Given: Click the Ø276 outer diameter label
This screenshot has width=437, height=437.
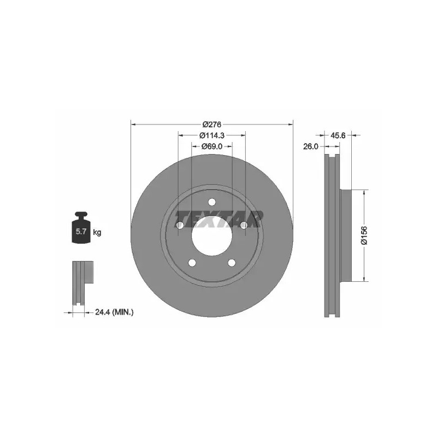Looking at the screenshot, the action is (212, 125).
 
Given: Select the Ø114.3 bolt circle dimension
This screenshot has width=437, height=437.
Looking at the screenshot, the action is (212, 135).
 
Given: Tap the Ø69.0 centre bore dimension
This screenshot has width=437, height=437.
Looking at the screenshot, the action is (212, 146).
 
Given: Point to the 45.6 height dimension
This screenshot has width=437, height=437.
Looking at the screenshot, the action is (338, 135).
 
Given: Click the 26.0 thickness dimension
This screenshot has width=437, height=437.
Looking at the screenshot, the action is (311, 146).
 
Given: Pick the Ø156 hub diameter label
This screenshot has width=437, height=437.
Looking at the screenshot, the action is (364, 235).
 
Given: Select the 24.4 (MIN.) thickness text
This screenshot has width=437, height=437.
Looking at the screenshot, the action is (114, 312).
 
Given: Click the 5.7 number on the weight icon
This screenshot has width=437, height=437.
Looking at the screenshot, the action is (81, 231).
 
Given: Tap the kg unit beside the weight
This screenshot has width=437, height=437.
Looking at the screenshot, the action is (97, 232).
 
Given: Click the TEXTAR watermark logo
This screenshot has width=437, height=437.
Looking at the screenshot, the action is (219, 219).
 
